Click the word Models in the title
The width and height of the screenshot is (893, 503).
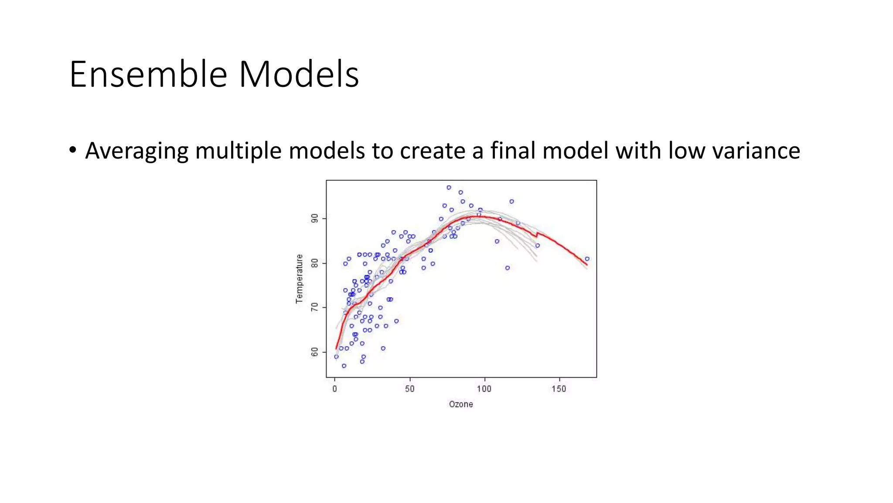pyautogui.click(x=299, y=74)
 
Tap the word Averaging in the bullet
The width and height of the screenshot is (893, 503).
pyautogui.click(x=136, y=151)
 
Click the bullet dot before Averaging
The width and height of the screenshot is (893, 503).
pyautogui.click(x=73, y=150)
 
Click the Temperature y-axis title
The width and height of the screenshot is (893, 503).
pyautogui.click(x=299, y=279)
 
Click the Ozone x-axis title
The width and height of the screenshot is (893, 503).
pyautogui.click(x=461, y=404)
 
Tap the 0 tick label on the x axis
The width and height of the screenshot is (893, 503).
pyautogui.click(x=335, y=389)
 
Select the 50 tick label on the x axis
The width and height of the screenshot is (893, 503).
pyautogui.click(x=409, y=389)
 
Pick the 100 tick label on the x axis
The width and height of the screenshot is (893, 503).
pyautogui.click(x=484, y=389)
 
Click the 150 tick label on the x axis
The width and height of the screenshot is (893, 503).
pyautogui.click(x=559, y=389)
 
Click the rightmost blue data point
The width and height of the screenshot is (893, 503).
pyautogui.click(x=587, y=259)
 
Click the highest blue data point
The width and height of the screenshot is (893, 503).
pyautogui.click(x=449, y=188)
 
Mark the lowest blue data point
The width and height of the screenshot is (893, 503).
pyautogui.click(x=344, y=366)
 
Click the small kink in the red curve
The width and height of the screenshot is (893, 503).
pyautogui.click(x=537, y=235)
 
